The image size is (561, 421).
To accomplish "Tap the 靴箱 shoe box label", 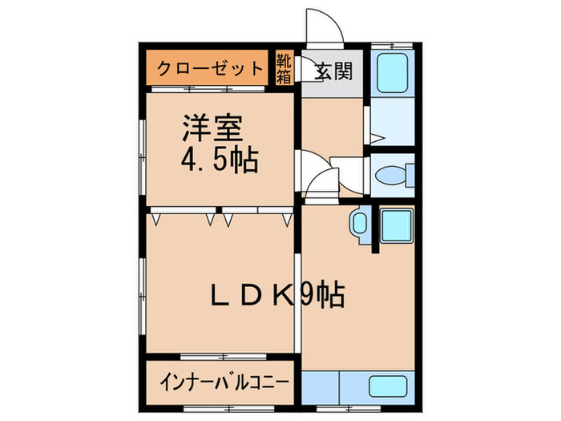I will click(285, 68).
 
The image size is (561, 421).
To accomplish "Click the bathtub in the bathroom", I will click(393, 73).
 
